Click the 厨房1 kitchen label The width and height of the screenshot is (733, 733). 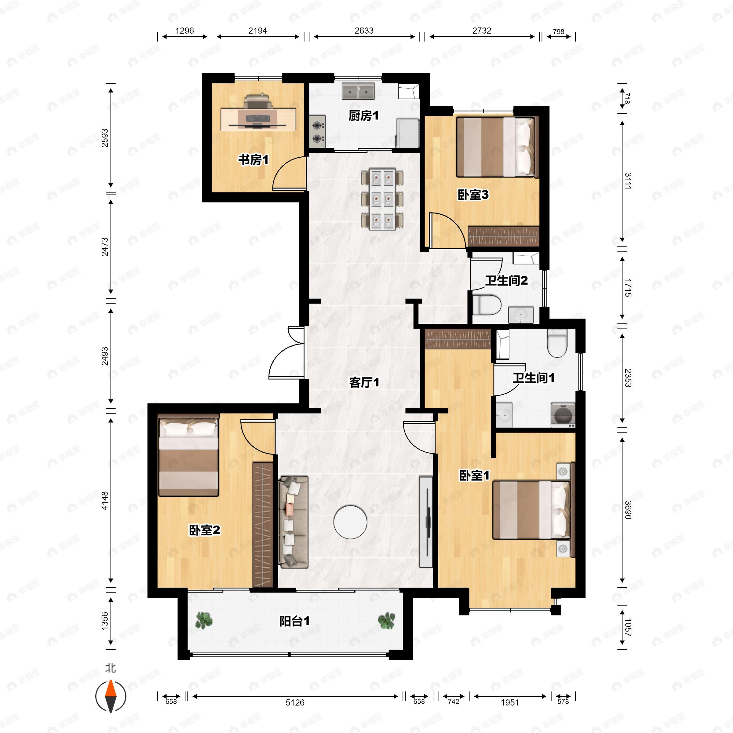coord(363,116)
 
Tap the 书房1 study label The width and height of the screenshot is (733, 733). coord(253,160)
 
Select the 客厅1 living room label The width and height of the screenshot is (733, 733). coord(364,382)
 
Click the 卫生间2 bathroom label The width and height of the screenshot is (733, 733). coord(506,281)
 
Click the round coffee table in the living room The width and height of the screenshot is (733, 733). coord(350,522)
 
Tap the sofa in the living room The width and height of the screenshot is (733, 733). coord(293,522)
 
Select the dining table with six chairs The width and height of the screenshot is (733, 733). coord(382,199)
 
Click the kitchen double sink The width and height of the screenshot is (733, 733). coord(358,91)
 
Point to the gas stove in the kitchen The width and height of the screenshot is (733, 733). coord(318,131)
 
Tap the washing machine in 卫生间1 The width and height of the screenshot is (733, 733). coord(563,415)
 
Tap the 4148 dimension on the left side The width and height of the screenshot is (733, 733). coord(105,501)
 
